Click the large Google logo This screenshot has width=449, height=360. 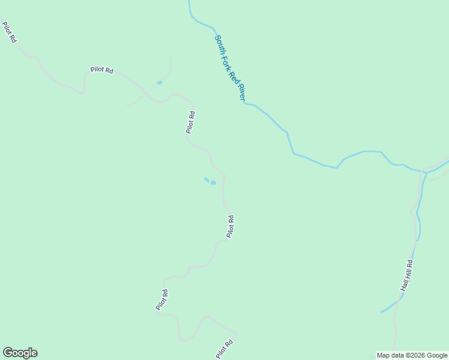coord(20,353)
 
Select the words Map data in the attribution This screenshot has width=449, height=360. coord(391,355)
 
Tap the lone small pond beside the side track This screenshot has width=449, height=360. coord(159,82)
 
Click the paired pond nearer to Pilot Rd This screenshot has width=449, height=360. coord(213,182)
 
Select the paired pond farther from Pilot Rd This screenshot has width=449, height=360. coord(206,179)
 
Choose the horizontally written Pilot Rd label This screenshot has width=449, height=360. coord(102,70)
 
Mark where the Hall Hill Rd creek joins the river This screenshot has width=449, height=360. coord(424,172)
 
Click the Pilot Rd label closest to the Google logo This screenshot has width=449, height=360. coord(161,300)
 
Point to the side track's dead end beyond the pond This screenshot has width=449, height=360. coord(170,59)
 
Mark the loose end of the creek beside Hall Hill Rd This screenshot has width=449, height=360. coord(381,312)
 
